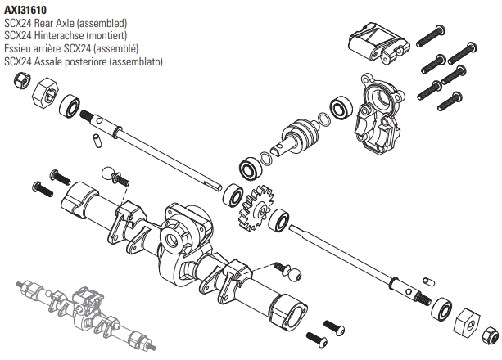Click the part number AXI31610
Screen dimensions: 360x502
25,10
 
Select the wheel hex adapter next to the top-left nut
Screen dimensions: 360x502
45,96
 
